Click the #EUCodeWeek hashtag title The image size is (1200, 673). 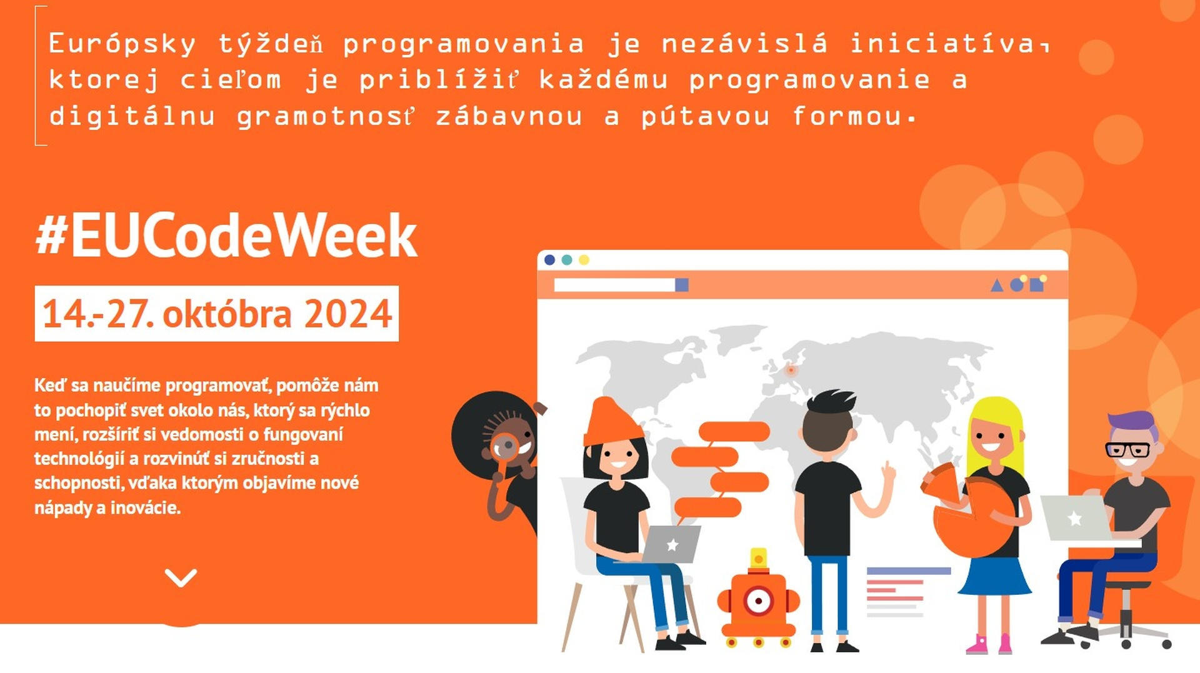226,236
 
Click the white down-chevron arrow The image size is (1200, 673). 181,578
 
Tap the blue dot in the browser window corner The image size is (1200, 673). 550,260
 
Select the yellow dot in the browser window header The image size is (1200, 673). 584,260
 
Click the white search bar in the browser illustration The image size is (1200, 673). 614,285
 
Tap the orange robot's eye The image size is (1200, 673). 759,601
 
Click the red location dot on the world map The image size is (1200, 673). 791,370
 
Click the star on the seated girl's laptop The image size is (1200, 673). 672,545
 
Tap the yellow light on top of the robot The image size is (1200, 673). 758,557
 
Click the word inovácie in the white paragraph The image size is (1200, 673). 145,507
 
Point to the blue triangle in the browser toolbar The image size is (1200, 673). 997,286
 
